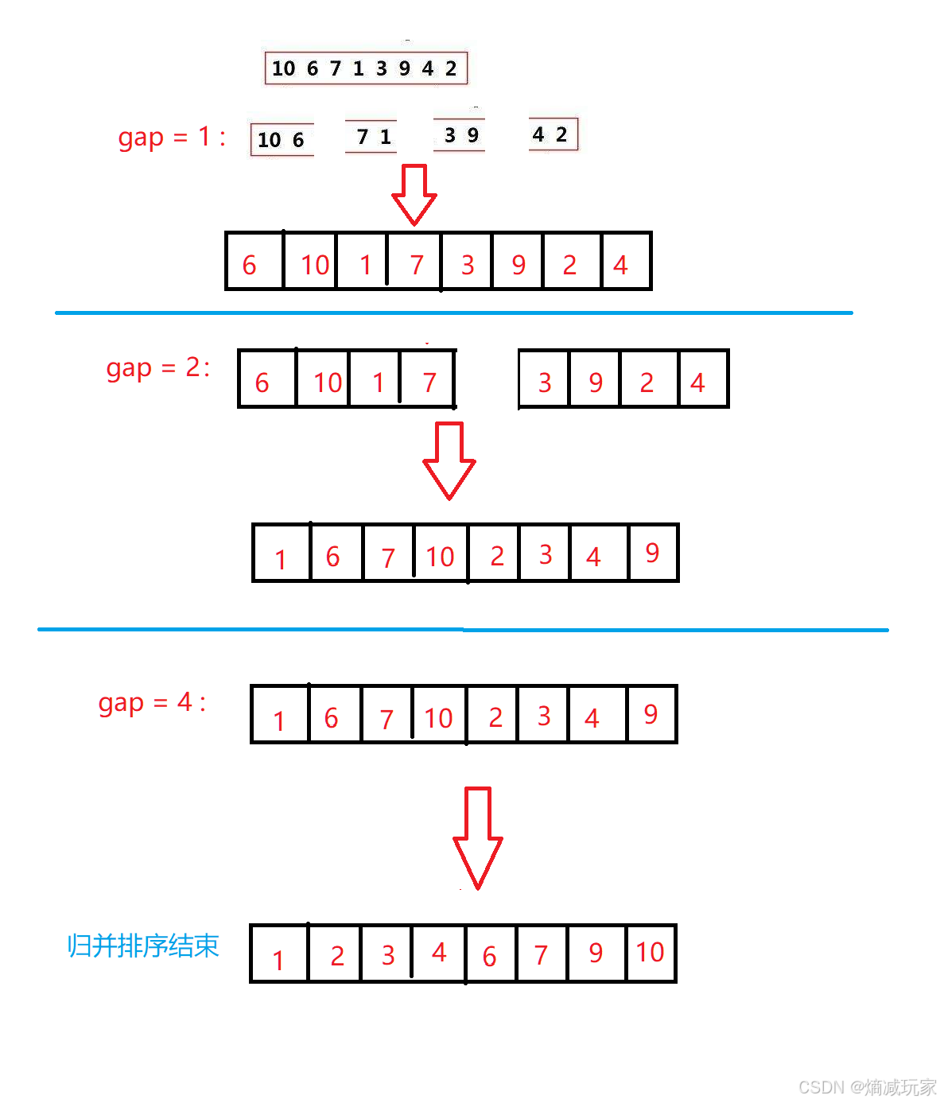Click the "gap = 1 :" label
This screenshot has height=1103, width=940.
[x=172, y=138]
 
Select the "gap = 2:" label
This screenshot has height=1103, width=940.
[x=158, y=368]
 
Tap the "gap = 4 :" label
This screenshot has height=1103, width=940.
[x=152, y=703]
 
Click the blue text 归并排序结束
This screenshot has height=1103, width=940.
[x=143, y=946]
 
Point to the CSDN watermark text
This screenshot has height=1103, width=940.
[x=867, y=1086]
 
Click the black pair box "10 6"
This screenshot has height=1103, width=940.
[x=282, y=140]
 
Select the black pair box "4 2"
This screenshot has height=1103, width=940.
[x=552, y=134]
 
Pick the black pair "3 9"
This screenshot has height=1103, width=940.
[x=460, y=135]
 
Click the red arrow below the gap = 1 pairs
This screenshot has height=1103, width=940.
[x=414, y=195]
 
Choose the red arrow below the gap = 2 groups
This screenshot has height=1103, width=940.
[x=449, y=460]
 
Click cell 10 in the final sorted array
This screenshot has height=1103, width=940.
[x=651, y=953]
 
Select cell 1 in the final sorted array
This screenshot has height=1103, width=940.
[x=278, y=954]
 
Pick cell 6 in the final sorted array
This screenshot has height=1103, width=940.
[x=490, y=954]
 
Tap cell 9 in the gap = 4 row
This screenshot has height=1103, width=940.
[x=651, y=714]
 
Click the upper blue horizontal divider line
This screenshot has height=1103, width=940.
[x=453, y=313]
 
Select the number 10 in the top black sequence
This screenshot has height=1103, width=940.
[x=283, y=68]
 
